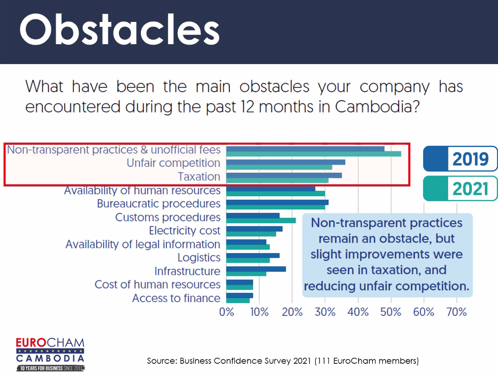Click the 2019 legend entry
[x=460, y=159]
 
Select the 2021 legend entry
[x=460, y=188]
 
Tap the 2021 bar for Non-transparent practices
[x=313, y=154]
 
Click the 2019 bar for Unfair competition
[x=286, y=162]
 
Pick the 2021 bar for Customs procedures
[x=261, y=220]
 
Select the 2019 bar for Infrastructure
[x=256, y=269]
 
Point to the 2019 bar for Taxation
[x=284, y=175]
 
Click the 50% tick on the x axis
[x=391, y=312]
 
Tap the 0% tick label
[x=227, y=312]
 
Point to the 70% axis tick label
[x=456, y=312]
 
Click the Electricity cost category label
[x=185, y=231]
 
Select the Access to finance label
[x=176, y=298]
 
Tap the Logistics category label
[x=199, y=258]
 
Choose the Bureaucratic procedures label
[x=158, y=204]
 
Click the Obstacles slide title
[x=120, y=30]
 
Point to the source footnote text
[x=283, y=361]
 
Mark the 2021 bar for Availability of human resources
[x=275, y=193]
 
